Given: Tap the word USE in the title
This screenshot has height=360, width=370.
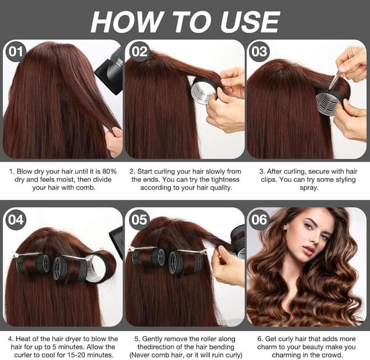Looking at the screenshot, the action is click(250, 22).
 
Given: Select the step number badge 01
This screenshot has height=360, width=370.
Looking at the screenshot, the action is click(15, 52).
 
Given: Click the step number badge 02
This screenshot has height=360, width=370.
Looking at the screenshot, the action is click(140, 52).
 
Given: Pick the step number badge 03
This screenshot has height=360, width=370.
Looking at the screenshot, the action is click(260, 52).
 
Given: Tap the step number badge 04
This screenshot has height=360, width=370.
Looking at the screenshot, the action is click(15, 219).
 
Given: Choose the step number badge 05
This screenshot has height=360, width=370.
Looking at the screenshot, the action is click(139, 219).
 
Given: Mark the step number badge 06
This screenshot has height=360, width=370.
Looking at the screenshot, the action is click(259, 219).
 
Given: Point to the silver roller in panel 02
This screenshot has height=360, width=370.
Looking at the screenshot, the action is click(203, 91).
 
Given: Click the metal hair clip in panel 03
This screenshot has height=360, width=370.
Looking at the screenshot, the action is click(335, 81).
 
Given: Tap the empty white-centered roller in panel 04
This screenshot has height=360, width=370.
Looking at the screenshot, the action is click(101, 268).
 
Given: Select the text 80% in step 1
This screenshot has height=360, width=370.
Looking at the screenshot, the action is click(109, 171).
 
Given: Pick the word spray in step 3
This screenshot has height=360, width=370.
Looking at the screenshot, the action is click(309, 188).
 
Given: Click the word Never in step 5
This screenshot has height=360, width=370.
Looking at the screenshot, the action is click(141, 355).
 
